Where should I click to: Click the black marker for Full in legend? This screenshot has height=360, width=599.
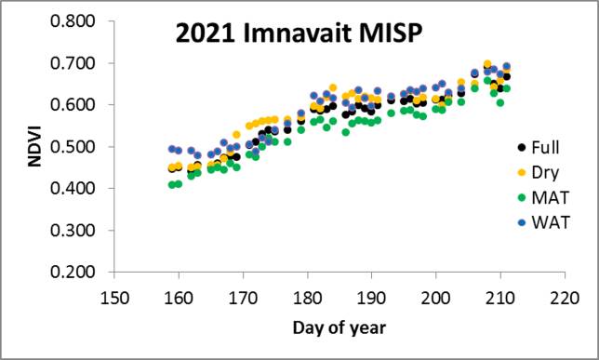pos(521,147)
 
